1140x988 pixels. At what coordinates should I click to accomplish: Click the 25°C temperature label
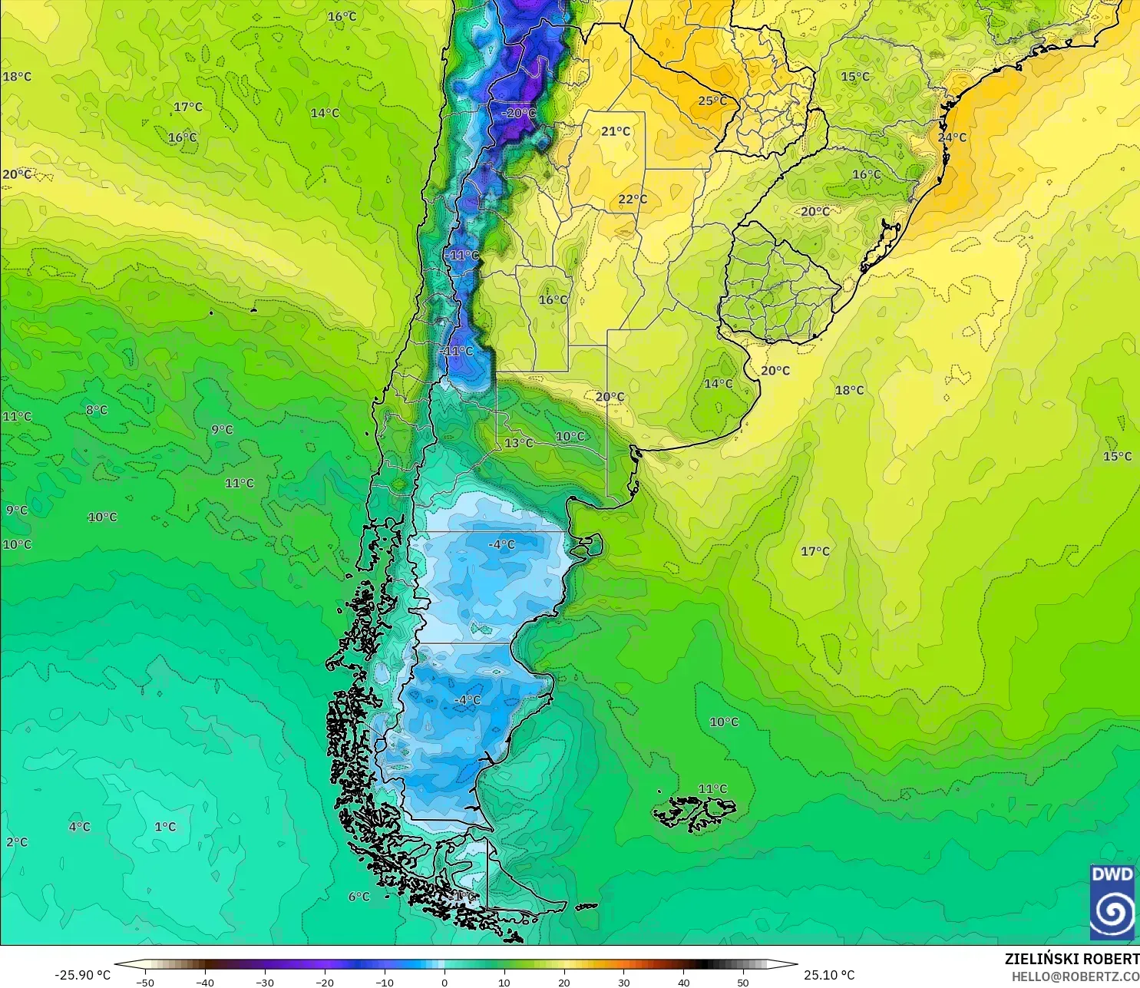pos(712,101)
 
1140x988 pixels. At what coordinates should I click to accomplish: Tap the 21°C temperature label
pos(615,132)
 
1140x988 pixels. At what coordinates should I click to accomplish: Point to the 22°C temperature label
pos(633,200)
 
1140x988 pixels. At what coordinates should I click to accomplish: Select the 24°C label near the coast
pos(952,138)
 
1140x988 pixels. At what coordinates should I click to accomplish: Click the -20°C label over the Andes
pos(518,114)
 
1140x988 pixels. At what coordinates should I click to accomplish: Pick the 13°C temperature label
pos(519,443)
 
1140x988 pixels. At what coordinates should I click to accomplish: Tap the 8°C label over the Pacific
pos(97,411)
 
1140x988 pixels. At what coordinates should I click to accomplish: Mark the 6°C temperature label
pos(359,897)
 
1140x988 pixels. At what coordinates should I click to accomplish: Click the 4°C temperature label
pos(79,827)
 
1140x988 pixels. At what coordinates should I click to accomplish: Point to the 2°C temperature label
pos(17,842)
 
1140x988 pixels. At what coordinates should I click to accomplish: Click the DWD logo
pos(1112,902)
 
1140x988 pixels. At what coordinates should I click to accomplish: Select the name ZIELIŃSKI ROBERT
pos(1072,959)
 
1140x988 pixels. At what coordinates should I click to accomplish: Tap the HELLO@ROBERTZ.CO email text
pos(1075,976)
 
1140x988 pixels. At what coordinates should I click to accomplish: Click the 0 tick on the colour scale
pos(444,982)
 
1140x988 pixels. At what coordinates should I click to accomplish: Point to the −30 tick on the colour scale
pos(264,982)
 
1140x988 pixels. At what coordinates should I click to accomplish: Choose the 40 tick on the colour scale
pos(684,982)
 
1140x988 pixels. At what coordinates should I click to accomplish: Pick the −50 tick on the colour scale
pos(144,982)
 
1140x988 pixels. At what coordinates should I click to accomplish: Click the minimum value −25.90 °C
pos(83,976)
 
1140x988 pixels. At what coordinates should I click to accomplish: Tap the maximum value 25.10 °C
pos(829,976)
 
